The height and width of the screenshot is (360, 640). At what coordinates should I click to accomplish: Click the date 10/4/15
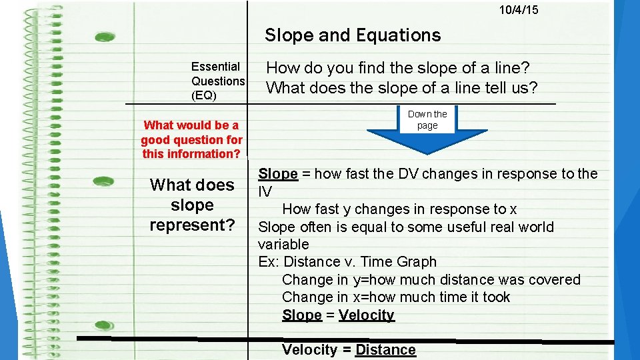pyautogui.click(x=519, y=10)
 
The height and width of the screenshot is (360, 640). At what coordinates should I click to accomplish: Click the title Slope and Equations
pyautogui.click(x=353, y=35)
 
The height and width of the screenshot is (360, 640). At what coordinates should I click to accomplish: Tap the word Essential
pyautogui.click(x=215, y=67)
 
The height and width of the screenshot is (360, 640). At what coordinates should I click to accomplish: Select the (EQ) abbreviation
pyautogui.click(x=204, y=95)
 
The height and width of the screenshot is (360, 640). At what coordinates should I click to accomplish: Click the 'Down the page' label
pyautogui.click(x=427, y=119)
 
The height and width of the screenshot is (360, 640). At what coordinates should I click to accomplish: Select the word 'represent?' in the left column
pyautogui.click(x=192, y=225)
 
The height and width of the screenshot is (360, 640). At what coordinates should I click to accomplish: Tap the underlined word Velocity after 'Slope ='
pyautogui.click(x=366, y=315)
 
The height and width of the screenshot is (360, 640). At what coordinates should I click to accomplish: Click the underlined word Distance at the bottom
pyautogui.click(x=385, y=350)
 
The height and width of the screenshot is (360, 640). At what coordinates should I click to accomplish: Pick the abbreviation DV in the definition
pyautogui.click(x=408, y=174)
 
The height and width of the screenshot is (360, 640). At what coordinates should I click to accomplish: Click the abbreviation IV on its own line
pyautogui.click(x=266, y=192)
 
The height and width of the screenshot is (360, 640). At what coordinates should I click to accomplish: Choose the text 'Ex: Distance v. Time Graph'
pyautogui.click(x=347, y=262)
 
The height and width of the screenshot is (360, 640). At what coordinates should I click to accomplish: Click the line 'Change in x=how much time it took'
pyautogui.click(x=396, y=297)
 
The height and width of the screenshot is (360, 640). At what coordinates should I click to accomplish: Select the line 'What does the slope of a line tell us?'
pyautogui.click(x=402, y=88)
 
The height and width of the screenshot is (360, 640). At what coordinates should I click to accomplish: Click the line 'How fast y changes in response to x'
pyautogui.click(x=399, y=209)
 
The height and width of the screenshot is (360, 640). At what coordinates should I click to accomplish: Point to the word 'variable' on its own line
pyautogui.click(x=283, y=245)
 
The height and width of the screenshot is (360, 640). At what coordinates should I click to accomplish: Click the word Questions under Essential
pyautogui.click(x=218, y=81)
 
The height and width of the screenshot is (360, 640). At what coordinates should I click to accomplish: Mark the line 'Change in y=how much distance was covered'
pyautogui.click(x=431, y=280)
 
